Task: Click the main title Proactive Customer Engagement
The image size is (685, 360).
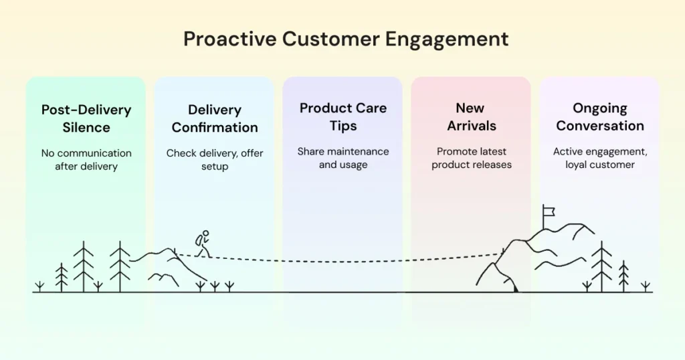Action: [x=346, y=39]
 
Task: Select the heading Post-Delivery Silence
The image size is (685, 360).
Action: [x=86, y=118]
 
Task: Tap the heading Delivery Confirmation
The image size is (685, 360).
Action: [x=215, y=118]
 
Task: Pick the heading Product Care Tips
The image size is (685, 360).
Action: [x=343, y=116]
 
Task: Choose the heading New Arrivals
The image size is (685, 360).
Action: [x=472, y=116]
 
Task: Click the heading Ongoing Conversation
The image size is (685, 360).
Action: [x=600, y=116]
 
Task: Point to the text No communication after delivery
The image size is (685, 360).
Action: [x=86, y=159]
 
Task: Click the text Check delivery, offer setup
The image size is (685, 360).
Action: [x=215, y=159]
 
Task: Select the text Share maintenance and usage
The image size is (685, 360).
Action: [x=343, y=158]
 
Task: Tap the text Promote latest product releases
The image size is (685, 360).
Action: [x=472, y=158]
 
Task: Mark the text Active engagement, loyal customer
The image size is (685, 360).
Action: [x=600, y=158]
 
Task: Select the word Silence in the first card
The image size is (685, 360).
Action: [x=86, y=127]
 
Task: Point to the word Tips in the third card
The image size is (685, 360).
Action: [x=343, y=126]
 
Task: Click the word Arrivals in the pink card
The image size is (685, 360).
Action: [x=472, y=126]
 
